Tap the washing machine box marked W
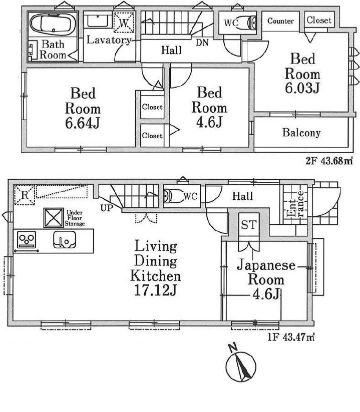pyautogui.click(x=124, y=23)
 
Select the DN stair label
pyautogui.click(x=202, y=43)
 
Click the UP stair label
pyautogui.click(x=107, y=208)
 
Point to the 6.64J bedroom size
pyautogui.click(x=83, y=123)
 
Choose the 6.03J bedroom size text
pyautogui.click(x=302, y=88)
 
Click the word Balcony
pyautogui.click(x=301, y=133)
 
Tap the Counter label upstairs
pyautogui.click(x=280, y=21)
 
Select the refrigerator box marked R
pyautogui.click(x=25, y=195)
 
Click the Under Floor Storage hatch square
pyautogui.click(x=54, y=218)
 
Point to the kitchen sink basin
pyautogui.click(x=65, y=240)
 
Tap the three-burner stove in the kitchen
pyautogui.click(x=27, y=240)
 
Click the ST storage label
pyautogui.click(x=248, y=225)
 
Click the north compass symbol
pyautogui.click(x=241, y=366)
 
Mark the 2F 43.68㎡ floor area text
pyautogui.click(x=329, y=161)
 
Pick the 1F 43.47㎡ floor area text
pyautogui.click(x=291, y=337)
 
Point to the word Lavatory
pyautogui.click(x=109, y=40)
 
